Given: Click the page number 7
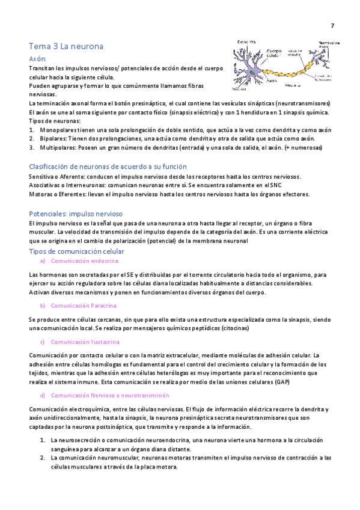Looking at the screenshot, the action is point(332,25).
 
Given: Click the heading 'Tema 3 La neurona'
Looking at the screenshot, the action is point(66,46).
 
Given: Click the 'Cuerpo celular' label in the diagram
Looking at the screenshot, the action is point(274,54).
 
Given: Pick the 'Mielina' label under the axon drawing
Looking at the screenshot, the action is point(293,85).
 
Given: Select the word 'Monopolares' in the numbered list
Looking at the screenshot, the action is point(57,129).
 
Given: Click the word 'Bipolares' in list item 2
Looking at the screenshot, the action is point(53,138).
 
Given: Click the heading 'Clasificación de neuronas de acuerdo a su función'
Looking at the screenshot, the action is point(108,167).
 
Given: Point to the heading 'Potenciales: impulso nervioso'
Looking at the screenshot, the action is point(76,214).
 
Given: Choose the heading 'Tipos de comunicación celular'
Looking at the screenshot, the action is point(77,251).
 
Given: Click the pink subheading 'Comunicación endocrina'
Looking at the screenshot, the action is point(85,261).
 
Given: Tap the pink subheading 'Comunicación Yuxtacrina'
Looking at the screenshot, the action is point(85,342).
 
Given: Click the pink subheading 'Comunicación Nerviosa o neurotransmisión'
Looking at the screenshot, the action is point(110,395).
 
